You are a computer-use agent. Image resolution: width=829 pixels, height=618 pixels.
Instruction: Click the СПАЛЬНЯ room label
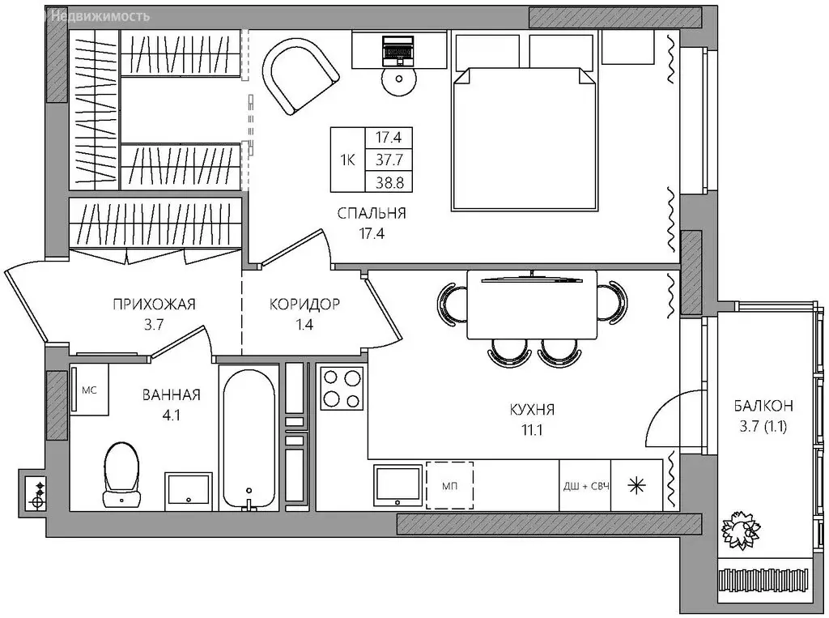click(x=372, y=213)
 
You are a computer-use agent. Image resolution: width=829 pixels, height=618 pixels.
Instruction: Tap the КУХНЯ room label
click(x=532, y=410)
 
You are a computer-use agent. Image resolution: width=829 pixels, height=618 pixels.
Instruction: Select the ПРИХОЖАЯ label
click(x=154, y=305)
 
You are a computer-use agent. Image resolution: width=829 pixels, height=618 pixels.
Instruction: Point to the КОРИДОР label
click(x=304, y=305)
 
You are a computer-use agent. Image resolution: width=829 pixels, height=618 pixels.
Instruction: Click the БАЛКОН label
click(x=763, y=406)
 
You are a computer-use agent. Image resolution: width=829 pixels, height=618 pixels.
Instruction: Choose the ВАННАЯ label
click(x=172, y=395)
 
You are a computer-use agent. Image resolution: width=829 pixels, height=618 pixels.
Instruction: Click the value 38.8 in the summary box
click(x=389, y=182)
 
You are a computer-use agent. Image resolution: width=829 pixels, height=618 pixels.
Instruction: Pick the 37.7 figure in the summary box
click(x=389, y=160)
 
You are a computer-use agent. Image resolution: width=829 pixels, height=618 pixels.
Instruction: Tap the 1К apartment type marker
click(x=347, y=160)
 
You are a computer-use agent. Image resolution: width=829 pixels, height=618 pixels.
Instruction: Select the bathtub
click(x=249, y=437)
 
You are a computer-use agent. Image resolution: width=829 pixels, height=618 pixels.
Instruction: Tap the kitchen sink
click(x=397, y=485)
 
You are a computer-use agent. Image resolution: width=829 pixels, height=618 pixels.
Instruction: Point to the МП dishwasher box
click(x=450, y=485)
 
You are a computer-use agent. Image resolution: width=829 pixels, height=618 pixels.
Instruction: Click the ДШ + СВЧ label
click(x=586, y=486)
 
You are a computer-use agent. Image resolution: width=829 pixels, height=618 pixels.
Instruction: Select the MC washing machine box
click(x=89, y=390)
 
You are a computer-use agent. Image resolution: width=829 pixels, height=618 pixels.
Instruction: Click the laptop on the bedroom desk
click(x=399, y=51)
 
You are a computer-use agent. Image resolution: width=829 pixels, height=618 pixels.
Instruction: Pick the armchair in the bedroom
click(x=300, y=78)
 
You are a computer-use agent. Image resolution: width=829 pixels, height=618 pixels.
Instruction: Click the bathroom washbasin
click(x=188, y=489)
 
